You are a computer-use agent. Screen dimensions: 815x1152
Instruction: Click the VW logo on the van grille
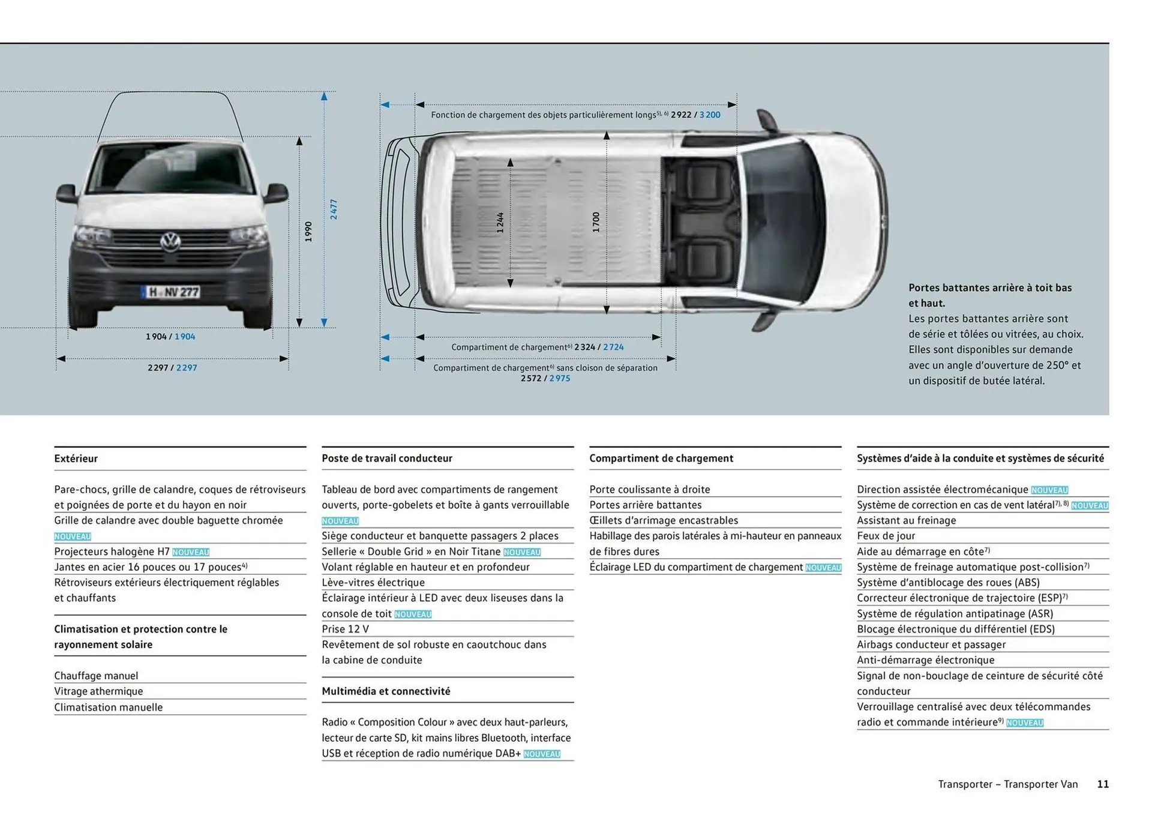tap(170, 242)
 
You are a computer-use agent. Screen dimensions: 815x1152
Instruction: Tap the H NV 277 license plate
tap(171, 292)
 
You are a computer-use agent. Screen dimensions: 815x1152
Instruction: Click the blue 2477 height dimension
tap(334, 209)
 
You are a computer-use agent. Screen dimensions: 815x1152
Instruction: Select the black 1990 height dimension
tap(308, 232)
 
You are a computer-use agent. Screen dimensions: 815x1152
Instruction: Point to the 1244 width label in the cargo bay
tap(500, 223)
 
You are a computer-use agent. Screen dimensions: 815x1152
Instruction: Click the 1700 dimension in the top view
tap(596, 222)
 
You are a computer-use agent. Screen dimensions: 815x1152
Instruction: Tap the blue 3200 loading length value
tap(710, 115)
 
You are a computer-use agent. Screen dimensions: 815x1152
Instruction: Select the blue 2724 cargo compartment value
tap(613, 347)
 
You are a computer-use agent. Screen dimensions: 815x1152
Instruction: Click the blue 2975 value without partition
tap(560, 378)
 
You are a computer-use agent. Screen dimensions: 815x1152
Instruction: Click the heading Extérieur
tap(76, 459)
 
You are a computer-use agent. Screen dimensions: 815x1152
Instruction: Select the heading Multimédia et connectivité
tap(386, 691)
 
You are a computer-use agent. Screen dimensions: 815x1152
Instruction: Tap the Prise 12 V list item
tap(345, 629)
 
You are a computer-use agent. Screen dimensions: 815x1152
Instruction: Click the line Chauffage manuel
tap(96, 675)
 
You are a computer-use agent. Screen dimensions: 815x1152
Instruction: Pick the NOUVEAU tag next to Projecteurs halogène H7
tap(191, 552)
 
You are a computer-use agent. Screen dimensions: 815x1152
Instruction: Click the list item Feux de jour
tap(886, 536)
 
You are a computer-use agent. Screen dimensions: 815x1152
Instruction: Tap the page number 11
tap(1103, 784)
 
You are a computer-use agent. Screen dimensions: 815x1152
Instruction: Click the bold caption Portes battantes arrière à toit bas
tap(989, 287)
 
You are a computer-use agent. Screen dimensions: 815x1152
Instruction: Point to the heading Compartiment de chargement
tap(661, 458)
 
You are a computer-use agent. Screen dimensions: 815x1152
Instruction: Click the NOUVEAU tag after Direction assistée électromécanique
tap(1049, 490)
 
